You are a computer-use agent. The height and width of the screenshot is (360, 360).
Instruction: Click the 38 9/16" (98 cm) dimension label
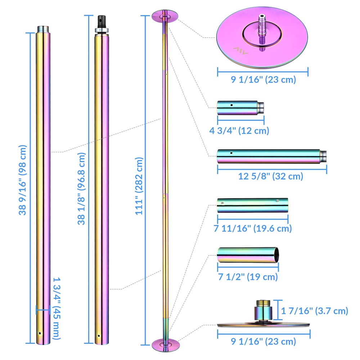click(22, 180)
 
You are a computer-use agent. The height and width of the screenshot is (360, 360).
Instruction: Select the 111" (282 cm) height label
click(139, 186)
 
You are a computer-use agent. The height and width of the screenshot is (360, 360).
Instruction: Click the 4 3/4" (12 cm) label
click(239, 130)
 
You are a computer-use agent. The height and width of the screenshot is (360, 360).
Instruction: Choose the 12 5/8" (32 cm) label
click(271, 176)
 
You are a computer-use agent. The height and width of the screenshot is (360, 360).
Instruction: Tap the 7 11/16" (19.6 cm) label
click(253, 228)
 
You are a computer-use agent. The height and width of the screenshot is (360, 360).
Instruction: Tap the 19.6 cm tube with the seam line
click(252, 204)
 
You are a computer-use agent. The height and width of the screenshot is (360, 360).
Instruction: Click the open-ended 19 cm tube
click(248, 255)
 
